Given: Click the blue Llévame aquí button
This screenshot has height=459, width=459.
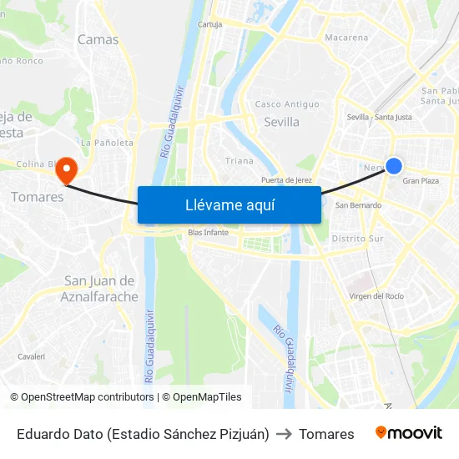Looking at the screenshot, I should pyautogui.click(x=229, y=204).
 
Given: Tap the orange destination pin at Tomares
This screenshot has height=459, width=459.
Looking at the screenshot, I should pyautogui.click(x=65, y=170).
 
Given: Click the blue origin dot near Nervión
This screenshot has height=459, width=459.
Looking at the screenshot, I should pyautogui.click(x=394, y=167).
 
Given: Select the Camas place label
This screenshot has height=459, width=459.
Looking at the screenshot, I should pyautogui.click(x=98, y=39).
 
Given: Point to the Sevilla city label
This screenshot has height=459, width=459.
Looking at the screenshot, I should pyautogui.click(x=280, y=122).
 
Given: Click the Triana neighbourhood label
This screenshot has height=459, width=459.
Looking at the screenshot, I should pyautogui.click(x=240, y=160).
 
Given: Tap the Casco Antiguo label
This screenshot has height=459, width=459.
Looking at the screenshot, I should pyautogui.click(x=286, y=104).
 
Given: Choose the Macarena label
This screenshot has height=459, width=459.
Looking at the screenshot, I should pyautogui.click(x=346, y=38).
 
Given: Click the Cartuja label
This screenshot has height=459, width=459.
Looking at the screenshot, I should pyautogui.click(x=209, y=25).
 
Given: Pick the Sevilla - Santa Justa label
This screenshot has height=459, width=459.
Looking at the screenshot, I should pyautogui.click(x=379, y=117).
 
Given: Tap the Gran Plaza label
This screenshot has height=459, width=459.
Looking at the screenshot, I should pyautogui.click(x=421, y=181).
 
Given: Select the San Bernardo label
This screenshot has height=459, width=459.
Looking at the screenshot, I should pyautogui.click(x=358, y=204).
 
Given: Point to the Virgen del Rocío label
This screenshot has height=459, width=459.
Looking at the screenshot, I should pyautogui.click(x=376, y=296).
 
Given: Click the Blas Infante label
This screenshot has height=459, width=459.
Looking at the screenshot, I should pyautogui.click(x=209, y=232).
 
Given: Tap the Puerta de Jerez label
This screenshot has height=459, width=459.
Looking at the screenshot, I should pyautogui.click(x=286, y=180).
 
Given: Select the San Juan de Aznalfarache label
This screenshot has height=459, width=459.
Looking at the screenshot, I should pyautogui.click(x=99, y=288).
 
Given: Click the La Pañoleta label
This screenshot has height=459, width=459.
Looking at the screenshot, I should pyautogui.click(x=107, y=143).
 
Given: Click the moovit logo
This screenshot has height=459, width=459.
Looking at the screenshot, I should pyautogui.click(x=408, y=433).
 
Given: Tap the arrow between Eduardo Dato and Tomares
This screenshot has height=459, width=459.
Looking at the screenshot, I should pyautogui.click(x=284, y=434).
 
